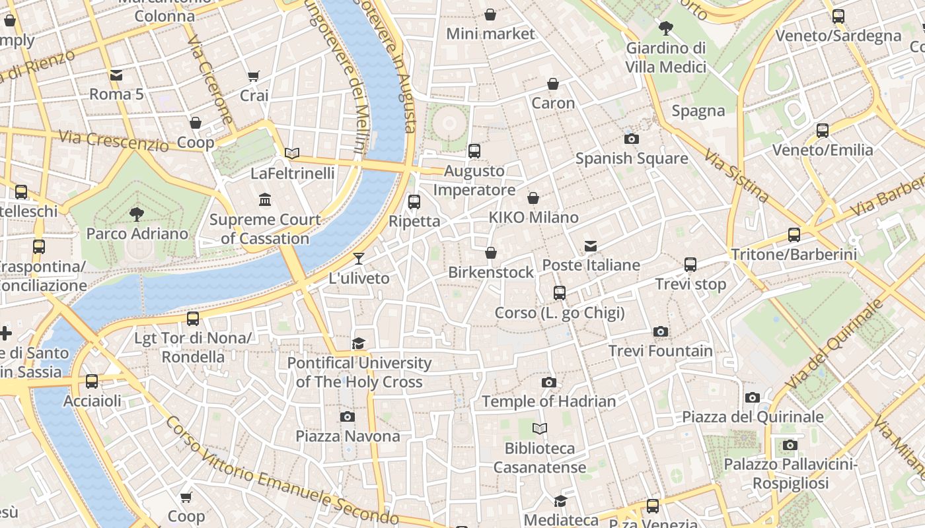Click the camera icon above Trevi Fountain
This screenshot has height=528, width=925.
(660, 331)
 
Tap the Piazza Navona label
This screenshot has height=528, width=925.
(348, 436)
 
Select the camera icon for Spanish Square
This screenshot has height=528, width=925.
(631, 139)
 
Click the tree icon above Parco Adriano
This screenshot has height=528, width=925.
(137, 214)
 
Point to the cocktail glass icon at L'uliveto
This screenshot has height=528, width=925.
(358, 258)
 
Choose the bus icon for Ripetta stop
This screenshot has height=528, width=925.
(414, 202)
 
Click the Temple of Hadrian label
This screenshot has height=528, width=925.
(548, 401)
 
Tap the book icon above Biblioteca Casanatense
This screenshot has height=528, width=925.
(540, 429)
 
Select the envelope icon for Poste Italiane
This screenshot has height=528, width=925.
(591, 246)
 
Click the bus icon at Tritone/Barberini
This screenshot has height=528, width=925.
(794, 235)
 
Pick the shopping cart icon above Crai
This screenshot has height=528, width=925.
(253, 77)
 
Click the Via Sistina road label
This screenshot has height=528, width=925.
(736, 176)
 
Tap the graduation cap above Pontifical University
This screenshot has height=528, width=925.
(358, 343)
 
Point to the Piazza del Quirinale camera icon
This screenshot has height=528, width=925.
(752, 397)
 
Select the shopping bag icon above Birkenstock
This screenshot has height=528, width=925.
(490, 253)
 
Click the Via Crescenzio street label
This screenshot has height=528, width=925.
(113, 140)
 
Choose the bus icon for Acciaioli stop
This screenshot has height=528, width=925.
(92, 381)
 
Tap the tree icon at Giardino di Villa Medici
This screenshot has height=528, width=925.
(665, 28)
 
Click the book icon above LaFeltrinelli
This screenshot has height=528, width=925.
(292, 154)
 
